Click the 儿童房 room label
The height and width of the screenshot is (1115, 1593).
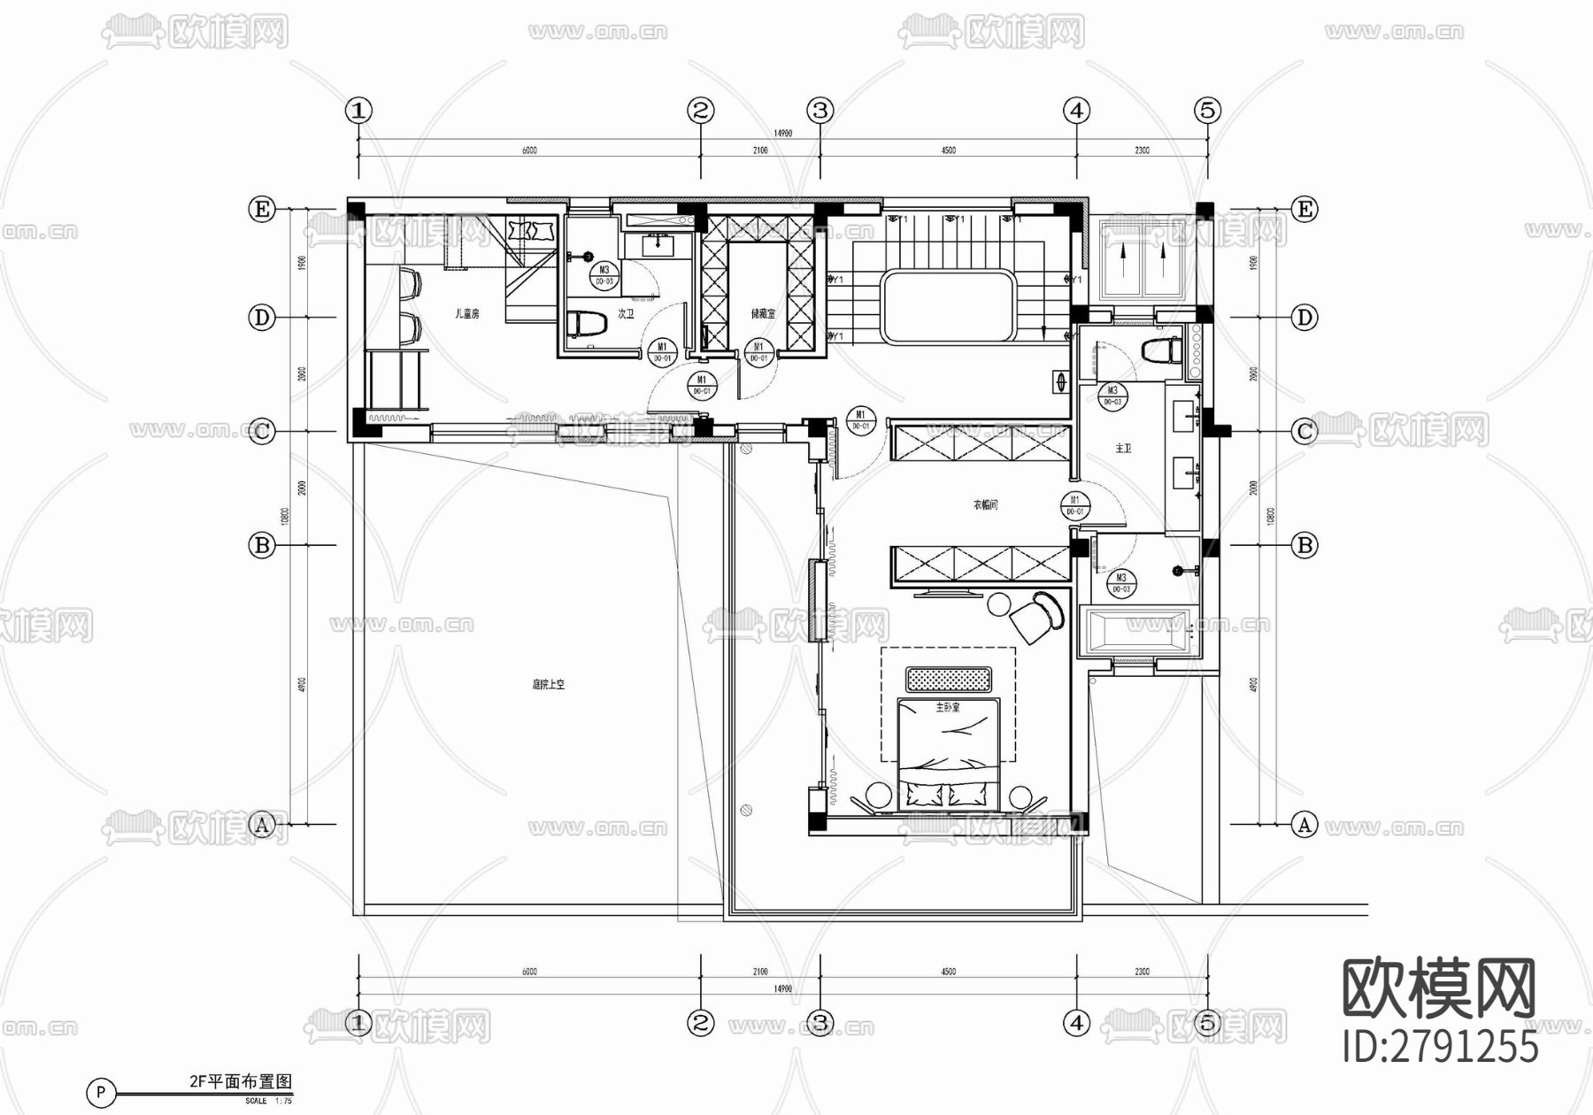click(466, 313)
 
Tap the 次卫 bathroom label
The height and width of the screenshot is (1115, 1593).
click(626, 313)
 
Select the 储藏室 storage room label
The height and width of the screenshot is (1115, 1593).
click(763, 313)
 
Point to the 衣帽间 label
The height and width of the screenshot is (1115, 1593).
click(986, 504)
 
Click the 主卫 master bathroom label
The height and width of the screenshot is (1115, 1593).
click(1123, 449)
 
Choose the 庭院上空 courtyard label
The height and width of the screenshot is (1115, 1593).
click(548, 684)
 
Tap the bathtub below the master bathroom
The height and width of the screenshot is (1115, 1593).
click(1139, 630)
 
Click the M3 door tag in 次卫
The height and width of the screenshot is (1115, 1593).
click(604, 275)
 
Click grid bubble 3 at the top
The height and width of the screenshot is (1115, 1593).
click(820, 111)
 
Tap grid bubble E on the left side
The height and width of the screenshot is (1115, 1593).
click(262, 210)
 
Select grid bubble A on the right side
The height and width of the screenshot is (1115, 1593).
click(1304, 825)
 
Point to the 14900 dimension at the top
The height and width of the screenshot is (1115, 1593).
click(782, 133)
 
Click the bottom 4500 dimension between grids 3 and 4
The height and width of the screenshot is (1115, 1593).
click(948, 972)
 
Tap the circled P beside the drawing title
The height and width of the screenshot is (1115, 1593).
click(102, 1091)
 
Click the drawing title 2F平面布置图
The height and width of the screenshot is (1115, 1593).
click(240, 1081)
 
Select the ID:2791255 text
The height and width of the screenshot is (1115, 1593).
click(1441, 1047)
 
